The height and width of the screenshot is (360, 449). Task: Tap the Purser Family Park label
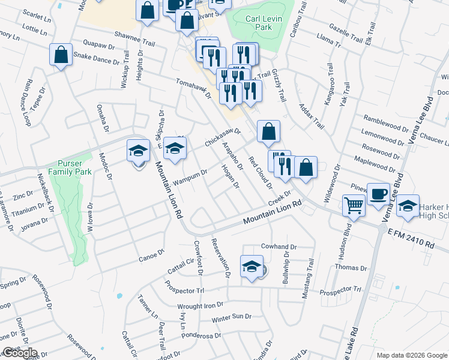[x=74, y=167]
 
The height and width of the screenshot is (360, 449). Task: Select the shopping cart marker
[x=354, y=205]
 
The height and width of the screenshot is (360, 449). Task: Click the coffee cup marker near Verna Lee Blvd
[x=378, y=194]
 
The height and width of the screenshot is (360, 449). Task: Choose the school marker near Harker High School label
[x=408, y=206]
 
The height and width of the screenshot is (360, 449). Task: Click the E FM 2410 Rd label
[x=411, y=237]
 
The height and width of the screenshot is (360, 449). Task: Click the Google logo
[x=19, y=353]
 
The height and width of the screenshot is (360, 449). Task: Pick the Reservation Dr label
[x=220, y=257]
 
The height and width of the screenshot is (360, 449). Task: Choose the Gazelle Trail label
[x=346, y=34]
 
